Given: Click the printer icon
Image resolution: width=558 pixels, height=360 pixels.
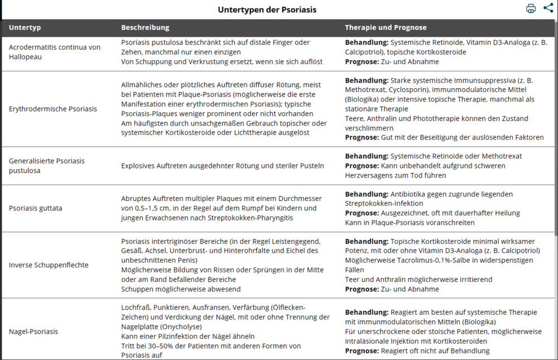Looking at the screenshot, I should tap(531, 8).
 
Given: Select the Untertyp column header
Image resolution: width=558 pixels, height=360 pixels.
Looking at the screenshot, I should tap(25, 27).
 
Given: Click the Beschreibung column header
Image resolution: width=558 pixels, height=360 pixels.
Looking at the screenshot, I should tap(145, 27).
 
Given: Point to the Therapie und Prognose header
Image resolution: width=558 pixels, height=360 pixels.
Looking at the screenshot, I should tap(386, 27).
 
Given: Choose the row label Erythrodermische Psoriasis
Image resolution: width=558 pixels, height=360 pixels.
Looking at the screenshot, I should tap(52, 109).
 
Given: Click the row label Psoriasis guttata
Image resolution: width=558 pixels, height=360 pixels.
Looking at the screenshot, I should tap(36, 208).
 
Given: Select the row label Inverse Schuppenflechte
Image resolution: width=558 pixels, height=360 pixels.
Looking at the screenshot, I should tap(49, 265).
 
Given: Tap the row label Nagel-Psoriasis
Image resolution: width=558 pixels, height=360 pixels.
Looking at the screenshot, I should tap(33, 331).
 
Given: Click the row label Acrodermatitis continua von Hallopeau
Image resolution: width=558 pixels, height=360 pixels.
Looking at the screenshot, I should tap(55, 52).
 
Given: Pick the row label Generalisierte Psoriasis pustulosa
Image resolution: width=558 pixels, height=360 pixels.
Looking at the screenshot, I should tap(47, 165).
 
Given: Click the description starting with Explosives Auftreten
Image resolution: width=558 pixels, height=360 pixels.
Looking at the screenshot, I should tap(222, 165).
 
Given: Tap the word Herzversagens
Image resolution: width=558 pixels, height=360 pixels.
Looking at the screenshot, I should tap(368, 175).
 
